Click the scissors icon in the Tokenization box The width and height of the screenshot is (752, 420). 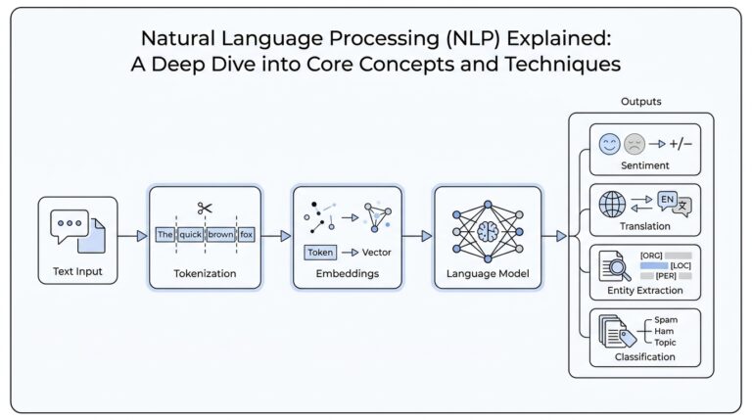[x=205, y=208]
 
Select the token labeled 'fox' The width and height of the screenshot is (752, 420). [x=246, y=235]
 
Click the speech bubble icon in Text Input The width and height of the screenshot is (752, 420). [x=70, y=224]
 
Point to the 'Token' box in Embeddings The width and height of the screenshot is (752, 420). [x=320, y=252]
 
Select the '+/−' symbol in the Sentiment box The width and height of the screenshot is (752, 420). [x=681, y=146]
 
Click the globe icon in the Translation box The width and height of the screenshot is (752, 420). [x=612, y=205]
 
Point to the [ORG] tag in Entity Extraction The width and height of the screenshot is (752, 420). [x=651, y=256]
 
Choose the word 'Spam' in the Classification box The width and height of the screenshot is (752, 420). [x=665, y=319]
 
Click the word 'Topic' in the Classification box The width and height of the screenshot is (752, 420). [x=665, y=343]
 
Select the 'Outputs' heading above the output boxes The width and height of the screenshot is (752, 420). [x=640, y=102]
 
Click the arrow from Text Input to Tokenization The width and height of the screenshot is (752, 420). [x=132, y=236]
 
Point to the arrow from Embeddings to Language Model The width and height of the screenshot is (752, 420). [x=418, y=236]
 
